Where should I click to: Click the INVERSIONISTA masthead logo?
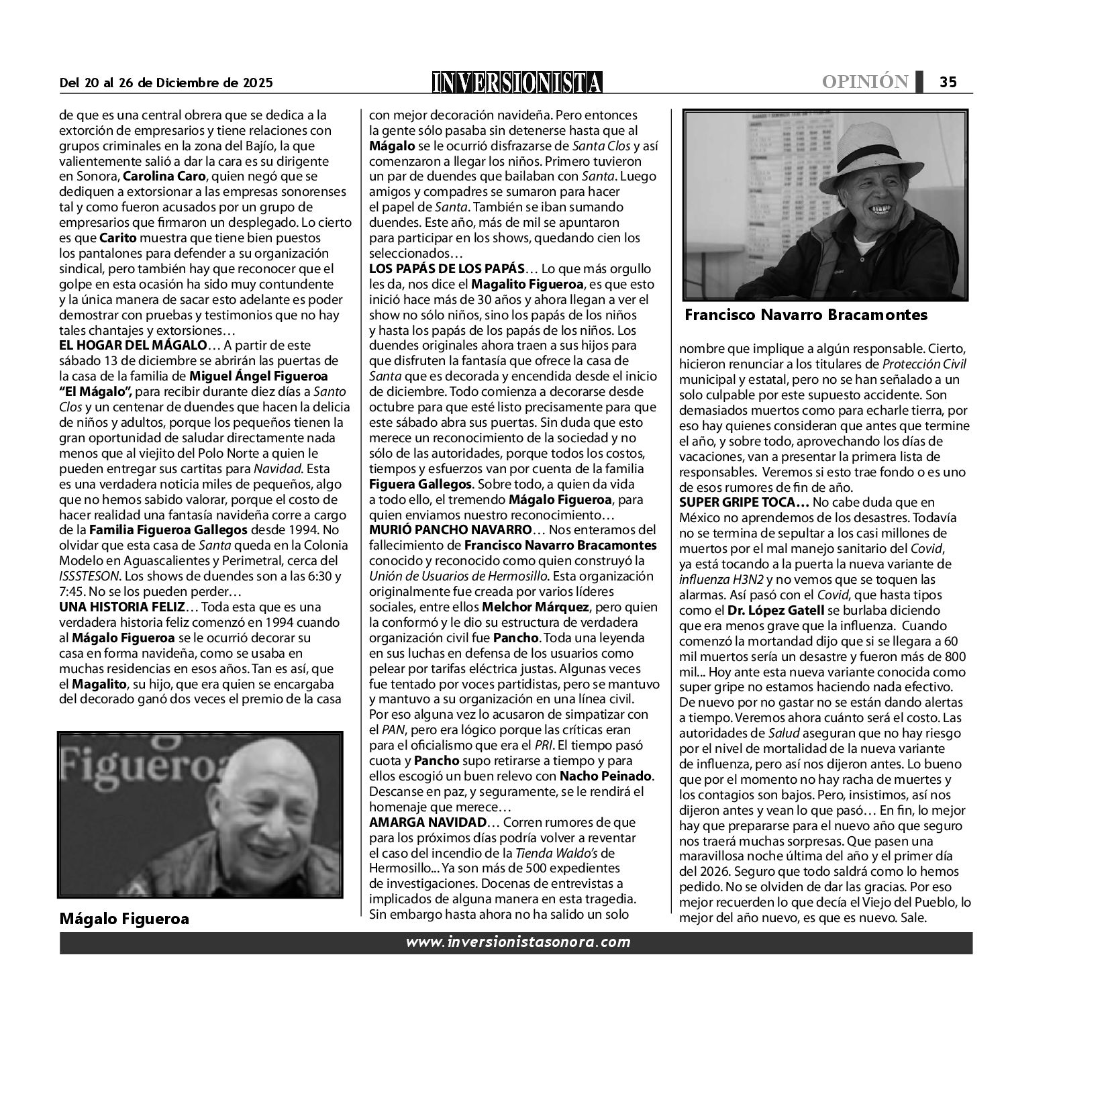click(x=517, y=83)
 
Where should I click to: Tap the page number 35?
click(x=948, y=82)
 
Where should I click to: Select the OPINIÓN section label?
click(x=865, y=82)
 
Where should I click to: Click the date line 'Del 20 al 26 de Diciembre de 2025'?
click(x=166, y=83)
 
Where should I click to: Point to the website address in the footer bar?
click(x=518, y=942)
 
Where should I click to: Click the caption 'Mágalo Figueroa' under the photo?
click(x=124, y=919)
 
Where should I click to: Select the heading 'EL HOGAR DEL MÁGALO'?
click(x=133, y=346)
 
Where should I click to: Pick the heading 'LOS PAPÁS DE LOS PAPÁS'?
click(x=446, y=269)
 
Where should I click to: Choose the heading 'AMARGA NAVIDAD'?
click(x=427, y=822)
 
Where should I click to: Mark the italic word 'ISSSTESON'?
click(x=87, y=576)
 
